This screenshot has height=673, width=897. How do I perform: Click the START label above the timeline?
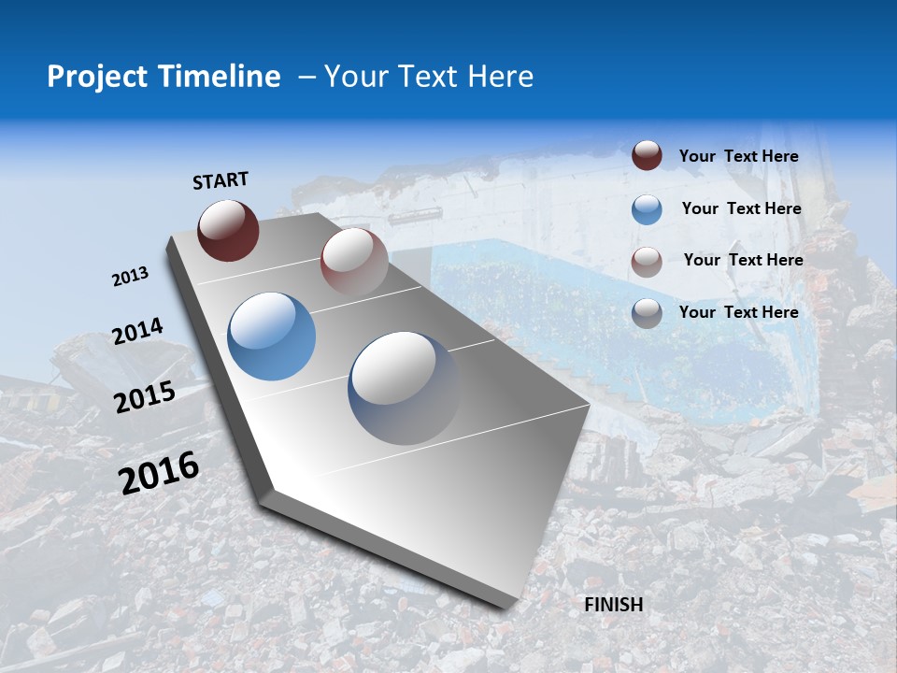click(x=221, y=180)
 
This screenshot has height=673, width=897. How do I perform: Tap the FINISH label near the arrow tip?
click(x=613, y=605)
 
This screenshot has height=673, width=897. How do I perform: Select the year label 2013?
click(x=130, y=277)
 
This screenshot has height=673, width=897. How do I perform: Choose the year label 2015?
click(x=144, y=397)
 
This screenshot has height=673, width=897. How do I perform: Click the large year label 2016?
click(x=159, y=473)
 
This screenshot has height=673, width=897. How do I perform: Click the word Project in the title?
click(x=98, y=77)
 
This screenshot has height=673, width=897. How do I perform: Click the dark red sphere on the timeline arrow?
click(x=228, y=230)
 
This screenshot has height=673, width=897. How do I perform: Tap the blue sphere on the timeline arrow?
click(x=272, y=336)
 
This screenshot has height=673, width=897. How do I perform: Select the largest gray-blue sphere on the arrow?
click(x=404, y=387)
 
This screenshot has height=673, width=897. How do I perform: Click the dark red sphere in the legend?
click(x=647, y=156)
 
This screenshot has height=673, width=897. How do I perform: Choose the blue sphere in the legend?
click(x=647, y=209)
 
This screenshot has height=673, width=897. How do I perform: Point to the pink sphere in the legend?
click(x=647, y=262)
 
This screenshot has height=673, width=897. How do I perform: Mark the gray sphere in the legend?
click(x=647, y=313)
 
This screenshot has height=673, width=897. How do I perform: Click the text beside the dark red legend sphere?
click(x=738, y=156)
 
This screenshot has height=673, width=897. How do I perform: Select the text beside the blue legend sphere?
click(x=741, y=208)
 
